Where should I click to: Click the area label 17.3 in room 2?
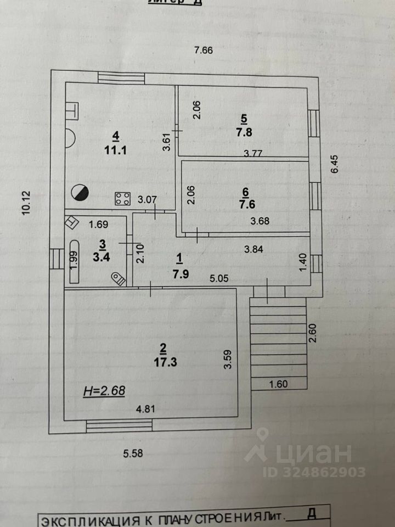[162, 362]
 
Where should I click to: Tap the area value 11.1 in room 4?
[116, 150]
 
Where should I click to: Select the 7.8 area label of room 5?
[241, 132]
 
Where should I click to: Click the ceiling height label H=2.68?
[104, 391]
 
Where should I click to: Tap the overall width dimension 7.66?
[203, 51]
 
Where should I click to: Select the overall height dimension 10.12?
[26, 204]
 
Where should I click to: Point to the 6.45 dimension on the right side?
[335, 163]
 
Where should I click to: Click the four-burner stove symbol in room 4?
[122, 199]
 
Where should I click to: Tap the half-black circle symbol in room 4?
[80, 192]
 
